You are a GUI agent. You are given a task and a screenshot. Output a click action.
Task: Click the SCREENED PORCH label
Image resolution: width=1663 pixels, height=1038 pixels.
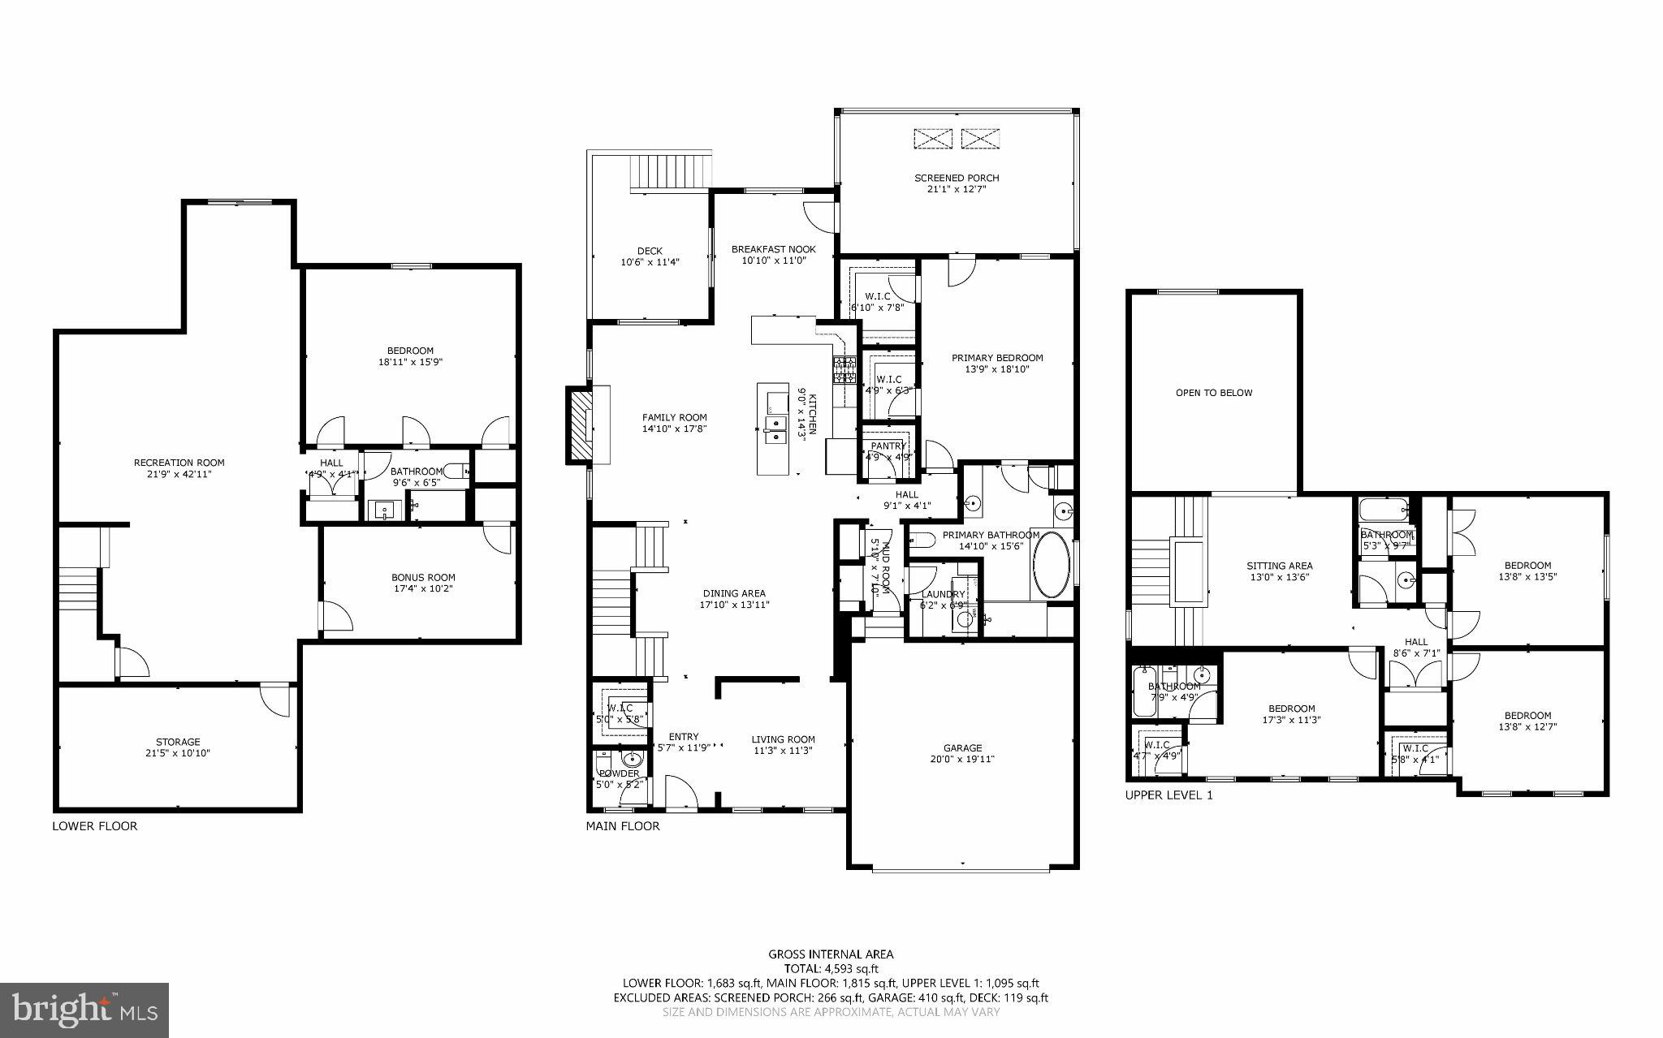tap(957, 178)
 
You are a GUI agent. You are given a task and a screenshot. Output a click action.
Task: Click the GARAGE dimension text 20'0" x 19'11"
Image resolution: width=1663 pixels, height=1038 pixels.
tap(963, 760)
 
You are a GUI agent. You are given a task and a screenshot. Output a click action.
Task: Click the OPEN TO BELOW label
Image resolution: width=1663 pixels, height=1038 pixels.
tap(1214, 393)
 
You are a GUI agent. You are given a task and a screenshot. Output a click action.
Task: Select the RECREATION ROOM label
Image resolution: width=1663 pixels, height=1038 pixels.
tap(179, 463)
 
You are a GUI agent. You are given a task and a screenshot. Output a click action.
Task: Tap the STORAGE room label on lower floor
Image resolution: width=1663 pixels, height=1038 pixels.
tap(178, 742)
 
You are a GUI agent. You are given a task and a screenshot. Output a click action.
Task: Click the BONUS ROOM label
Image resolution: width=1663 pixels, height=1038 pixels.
tap(423, 578)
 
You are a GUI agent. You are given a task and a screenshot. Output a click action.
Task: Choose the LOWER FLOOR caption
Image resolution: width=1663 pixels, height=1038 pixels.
tap(95, 826)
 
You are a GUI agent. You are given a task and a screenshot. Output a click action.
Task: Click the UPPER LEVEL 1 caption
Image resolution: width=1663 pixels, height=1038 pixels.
tap(1168, 795)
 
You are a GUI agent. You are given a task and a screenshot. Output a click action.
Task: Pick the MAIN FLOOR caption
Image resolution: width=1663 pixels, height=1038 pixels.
tap(623, 826)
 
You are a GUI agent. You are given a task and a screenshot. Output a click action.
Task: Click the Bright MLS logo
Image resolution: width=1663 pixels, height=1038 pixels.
tap(84, 1010)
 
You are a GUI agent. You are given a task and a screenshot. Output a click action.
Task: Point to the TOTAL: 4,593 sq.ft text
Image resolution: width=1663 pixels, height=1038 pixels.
tap(831, 968)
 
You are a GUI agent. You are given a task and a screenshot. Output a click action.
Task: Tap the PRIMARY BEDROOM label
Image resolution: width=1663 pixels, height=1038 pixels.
tap(997, 358)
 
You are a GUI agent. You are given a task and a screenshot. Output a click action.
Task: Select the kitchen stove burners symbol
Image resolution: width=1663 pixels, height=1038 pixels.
tap(844, 371)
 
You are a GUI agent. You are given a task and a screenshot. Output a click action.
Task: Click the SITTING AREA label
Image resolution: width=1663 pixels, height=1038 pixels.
tap(1280, 566)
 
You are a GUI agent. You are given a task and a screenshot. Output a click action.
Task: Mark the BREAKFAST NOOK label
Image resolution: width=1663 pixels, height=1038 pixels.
tap(773, 249)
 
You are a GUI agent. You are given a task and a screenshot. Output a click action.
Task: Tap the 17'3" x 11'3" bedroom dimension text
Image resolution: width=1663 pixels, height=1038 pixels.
tap(1289, 720)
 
